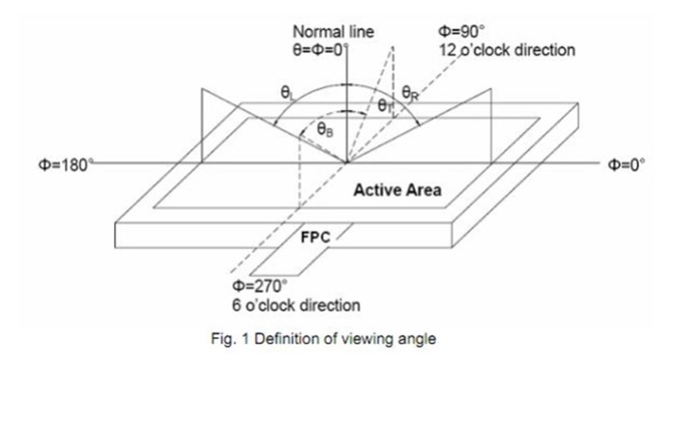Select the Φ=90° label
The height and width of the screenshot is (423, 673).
point(458,31)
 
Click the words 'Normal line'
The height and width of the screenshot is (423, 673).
point(333,31)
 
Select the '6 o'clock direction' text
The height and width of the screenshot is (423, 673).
point(295,305)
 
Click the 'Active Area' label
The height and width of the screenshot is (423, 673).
point(396,189)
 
